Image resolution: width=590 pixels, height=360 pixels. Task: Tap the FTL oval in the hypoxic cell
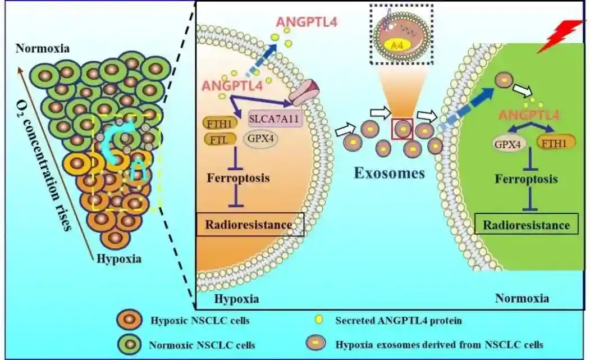pos(216,138)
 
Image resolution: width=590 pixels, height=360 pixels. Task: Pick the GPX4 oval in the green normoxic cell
pos(505,143)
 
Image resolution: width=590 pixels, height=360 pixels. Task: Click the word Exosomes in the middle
pos(389,172)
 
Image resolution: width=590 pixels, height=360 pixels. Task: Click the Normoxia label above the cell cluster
pos(43,48)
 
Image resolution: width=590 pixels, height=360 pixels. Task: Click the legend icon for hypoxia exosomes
pos(315,343)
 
